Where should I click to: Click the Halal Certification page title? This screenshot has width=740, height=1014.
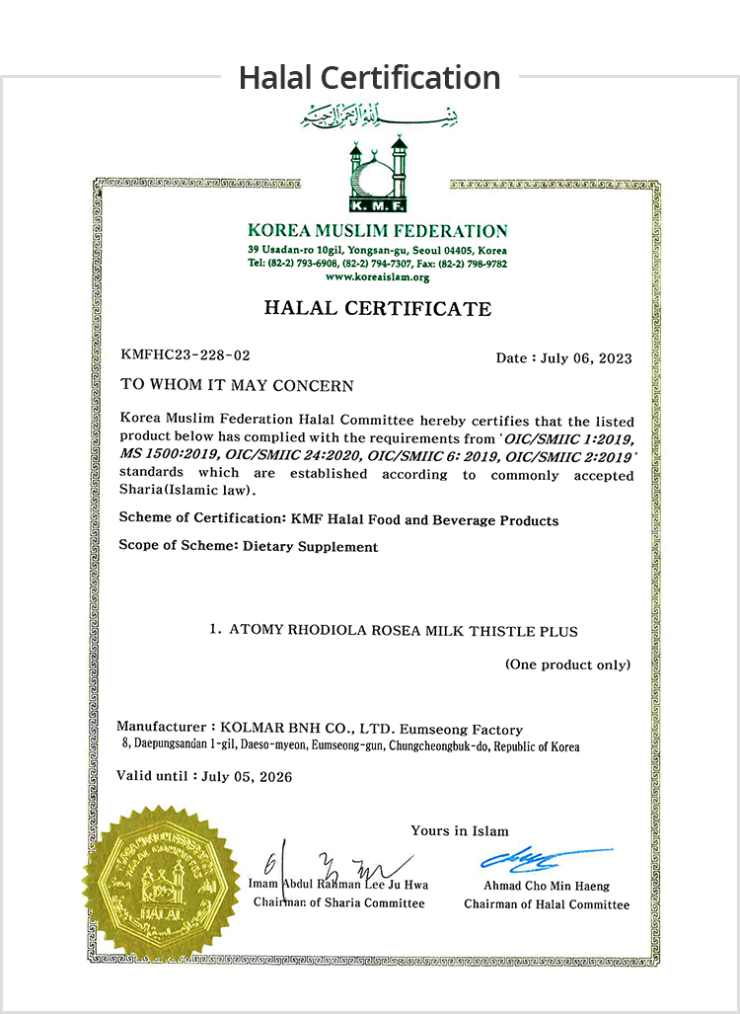pos(369,77)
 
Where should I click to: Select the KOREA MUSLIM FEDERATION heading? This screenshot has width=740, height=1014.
pos(378,232)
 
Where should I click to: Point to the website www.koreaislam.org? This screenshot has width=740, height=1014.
pos(378,277)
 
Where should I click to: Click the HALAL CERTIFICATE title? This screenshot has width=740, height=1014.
pos(378,309)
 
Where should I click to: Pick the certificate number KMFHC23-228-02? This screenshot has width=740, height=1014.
pos(185,354)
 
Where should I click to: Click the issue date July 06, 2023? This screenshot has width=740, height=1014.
pos(586,357)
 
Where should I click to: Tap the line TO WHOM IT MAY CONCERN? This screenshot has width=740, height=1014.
pos(236,384)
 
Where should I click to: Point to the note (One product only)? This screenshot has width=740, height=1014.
pos(567,664)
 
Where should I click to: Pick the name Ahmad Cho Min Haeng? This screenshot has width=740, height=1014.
pos(547,886)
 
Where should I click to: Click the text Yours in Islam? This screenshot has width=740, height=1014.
pos(460,830)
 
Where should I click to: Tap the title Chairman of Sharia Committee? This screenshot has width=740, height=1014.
pos(339,902)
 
